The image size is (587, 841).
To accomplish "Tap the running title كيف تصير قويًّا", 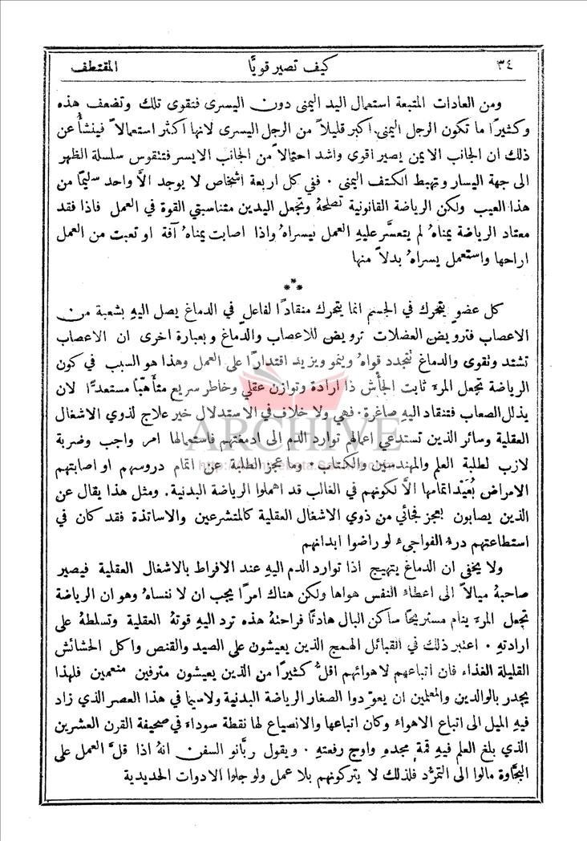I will pos(293,61).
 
